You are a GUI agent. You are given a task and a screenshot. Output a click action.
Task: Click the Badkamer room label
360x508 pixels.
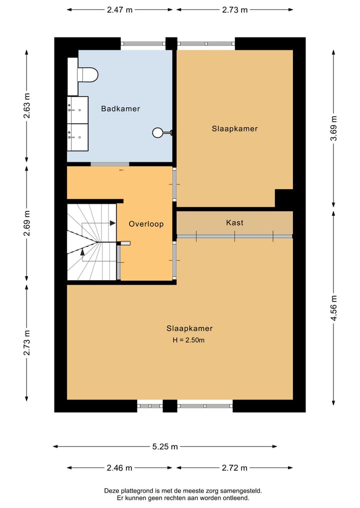pos(120,108)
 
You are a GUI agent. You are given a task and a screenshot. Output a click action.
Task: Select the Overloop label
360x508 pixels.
pos(146,224)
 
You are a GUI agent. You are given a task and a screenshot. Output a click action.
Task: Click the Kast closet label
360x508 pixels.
pos(234,222)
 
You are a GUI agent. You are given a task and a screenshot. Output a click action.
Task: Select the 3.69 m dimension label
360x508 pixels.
pos(334,129)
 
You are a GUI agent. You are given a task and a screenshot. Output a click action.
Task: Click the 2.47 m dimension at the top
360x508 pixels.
pos(120,9)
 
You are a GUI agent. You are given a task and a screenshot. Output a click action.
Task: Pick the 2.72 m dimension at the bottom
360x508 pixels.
pos(234,468)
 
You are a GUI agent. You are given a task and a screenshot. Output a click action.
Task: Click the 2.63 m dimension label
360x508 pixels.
pos(26,105)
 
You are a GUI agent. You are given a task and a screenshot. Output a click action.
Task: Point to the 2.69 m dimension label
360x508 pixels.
pos(26,224)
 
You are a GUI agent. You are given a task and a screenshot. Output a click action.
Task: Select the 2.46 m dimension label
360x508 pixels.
pos(119,468)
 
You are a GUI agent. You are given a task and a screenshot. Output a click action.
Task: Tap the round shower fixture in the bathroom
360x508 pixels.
pos(158,132)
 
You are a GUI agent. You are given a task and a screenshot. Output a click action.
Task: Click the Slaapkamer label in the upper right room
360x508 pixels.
pos(234,128)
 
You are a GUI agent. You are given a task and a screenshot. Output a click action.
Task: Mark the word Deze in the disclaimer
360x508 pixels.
pos(112,491)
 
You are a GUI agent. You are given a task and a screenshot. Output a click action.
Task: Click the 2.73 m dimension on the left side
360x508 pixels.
pos(26,343)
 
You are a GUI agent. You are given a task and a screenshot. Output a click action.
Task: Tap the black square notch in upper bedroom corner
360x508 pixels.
pos(283,198)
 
